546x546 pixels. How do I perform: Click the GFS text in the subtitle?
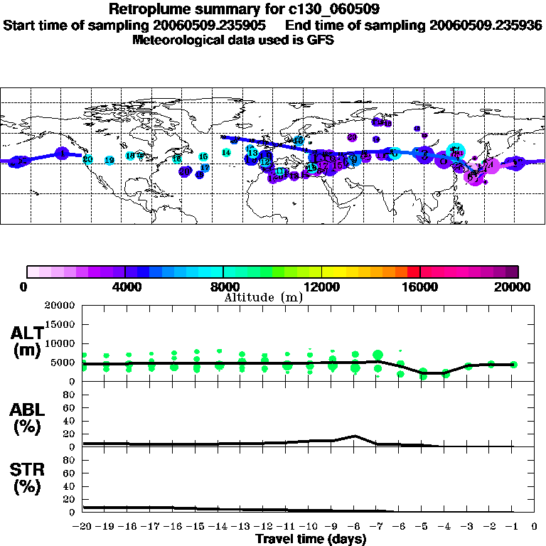pos(320,40)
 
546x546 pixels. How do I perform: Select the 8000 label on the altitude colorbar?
pos(223,287)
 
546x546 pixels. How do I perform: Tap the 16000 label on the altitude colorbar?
pos(420,287)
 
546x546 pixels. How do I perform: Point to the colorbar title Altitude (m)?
pos(263,297)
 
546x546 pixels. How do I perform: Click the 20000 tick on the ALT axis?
pos(60,306)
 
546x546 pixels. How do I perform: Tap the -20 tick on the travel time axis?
pos(82,526)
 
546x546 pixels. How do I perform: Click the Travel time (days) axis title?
pos(311,539)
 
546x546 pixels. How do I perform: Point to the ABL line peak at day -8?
pos(355,436)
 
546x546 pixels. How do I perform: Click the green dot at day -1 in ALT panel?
pos(513,364)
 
